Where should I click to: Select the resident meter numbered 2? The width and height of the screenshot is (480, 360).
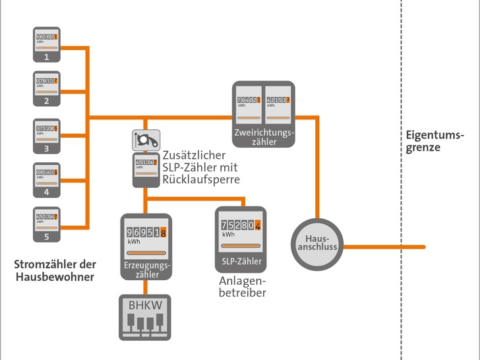tap(47, 88)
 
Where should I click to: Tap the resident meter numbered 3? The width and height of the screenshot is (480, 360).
tap(47, 135)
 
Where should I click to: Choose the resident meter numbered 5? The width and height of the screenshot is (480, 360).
tap(47, 224)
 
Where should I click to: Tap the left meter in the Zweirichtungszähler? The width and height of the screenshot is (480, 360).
tap(249, 105)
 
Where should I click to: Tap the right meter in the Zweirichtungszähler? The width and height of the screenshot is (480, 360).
tap(278, 105)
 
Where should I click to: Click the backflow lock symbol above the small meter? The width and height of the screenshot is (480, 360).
tap(146, 139)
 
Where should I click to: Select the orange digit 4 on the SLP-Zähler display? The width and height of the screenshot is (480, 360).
tap(258, 224)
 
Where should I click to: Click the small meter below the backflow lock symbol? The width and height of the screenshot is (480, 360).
tap(146, 168)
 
